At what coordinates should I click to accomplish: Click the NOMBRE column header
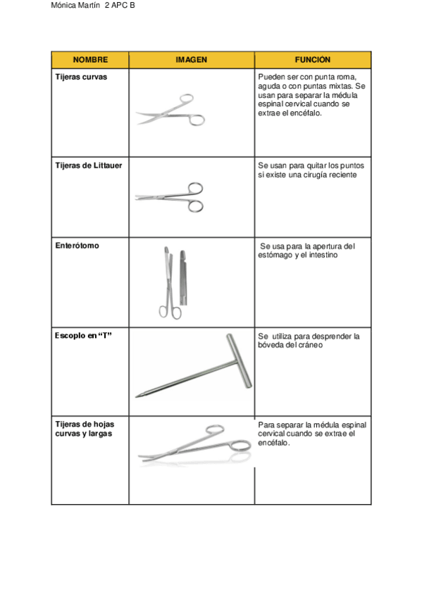click(x=90, y=60)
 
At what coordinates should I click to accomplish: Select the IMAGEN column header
click(x=191, y=60)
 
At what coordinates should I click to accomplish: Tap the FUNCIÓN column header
click(x=312, y=59)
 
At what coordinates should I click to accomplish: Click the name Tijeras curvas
click(x=81, y=77)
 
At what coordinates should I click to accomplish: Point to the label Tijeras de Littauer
click(x=89, y=165)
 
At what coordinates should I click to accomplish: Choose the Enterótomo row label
click(x=77, y=246)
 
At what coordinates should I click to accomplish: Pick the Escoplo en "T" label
click(x=83, y=335)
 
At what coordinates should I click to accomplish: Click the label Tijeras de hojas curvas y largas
click(x=85, y=429)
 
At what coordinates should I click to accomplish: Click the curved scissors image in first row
click(x=171, y=111)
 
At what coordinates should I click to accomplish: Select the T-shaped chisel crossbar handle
click(x=240, y=361)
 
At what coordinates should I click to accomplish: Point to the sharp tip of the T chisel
click(x=137, y=397)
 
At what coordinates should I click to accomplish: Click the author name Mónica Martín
click(x=75, y=6)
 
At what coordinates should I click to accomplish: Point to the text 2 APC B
click(x=120, y=6)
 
